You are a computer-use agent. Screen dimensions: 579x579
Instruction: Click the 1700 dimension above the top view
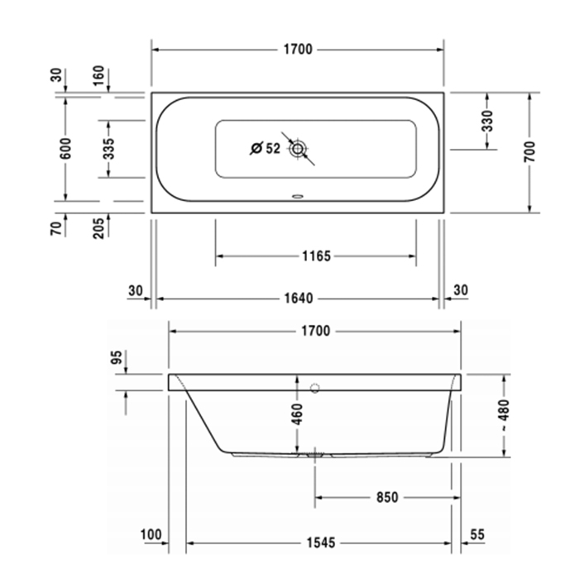click(298, 50)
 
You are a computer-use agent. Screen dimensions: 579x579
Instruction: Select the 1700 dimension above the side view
click(315, 331)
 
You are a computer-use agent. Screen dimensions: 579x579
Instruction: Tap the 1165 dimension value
click(316, 256)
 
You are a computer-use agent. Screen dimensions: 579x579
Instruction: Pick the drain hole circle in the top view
click(298, 149)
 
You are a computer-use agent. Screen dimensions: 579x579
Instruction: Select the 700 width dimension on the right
click(529, 151)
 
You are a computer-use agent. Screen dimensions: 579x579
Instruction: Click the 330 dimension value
click(487, 122)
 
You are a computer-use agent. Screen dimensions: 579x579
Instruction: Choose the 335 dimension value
click(109, 149)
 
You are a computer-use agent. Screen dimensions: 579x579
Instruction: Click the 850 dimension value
click(386, 497)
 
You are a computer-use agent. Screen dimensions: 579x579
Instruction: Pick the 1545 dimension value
click(318, 543)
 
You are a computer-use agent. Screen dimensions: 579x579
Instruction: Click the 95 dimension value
click(117, 357)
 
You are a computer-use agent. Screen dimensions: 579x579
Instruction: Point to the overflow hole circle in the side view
click(315, 387)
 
